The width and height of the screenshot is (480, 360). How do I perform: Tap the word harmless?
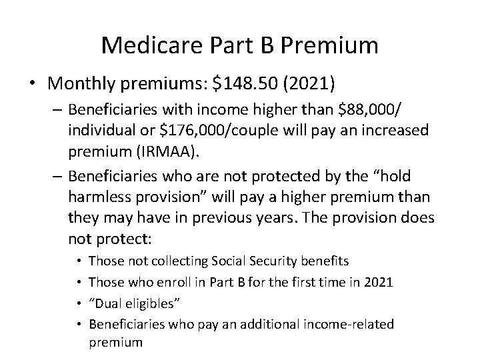[101, 198]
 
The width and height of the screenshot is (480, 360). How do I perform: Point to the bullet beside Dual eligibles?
[79, 303]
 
